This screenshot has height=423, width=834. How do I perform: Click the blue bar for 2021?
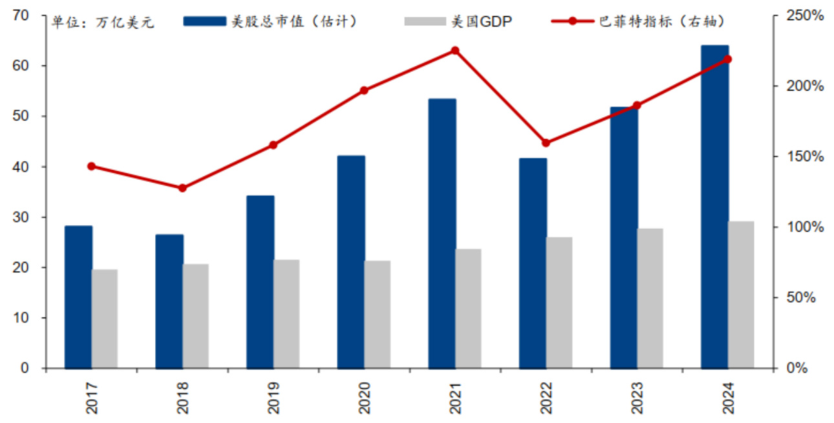442,233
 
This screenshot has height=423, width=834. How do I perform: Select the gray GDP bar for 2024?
741,295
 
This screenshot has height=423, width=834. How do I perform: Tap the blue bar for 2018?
169,301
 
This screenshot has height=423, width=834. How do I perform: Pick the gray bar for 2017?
105,319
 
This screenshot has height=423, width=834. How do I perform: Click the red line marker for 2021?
455,50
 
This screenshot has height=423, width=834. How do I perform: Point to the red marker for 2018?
182,188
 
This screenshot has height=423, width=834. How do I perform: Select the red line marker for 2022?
546,143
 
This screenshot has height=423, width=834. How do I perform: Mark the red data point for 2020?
364,91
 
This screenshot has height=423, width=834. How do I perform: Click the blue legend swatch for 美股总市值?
205,21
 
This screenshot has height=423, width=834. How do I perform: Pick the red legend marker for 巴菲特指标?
572,21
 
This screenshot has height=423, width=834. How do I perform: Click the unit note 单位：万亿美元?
103,24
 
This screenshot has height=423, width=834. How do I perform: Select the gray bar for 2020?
378,314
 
